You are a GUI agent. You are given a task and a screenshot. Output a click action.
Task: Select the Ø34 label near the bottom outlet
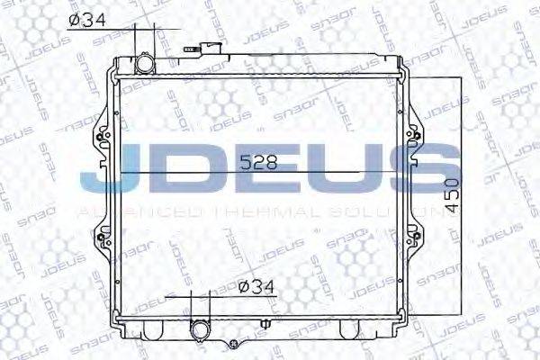coord(259,287)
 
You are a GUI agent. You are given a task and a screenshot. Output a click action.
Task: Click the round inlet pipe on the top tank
coord(146,66)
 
